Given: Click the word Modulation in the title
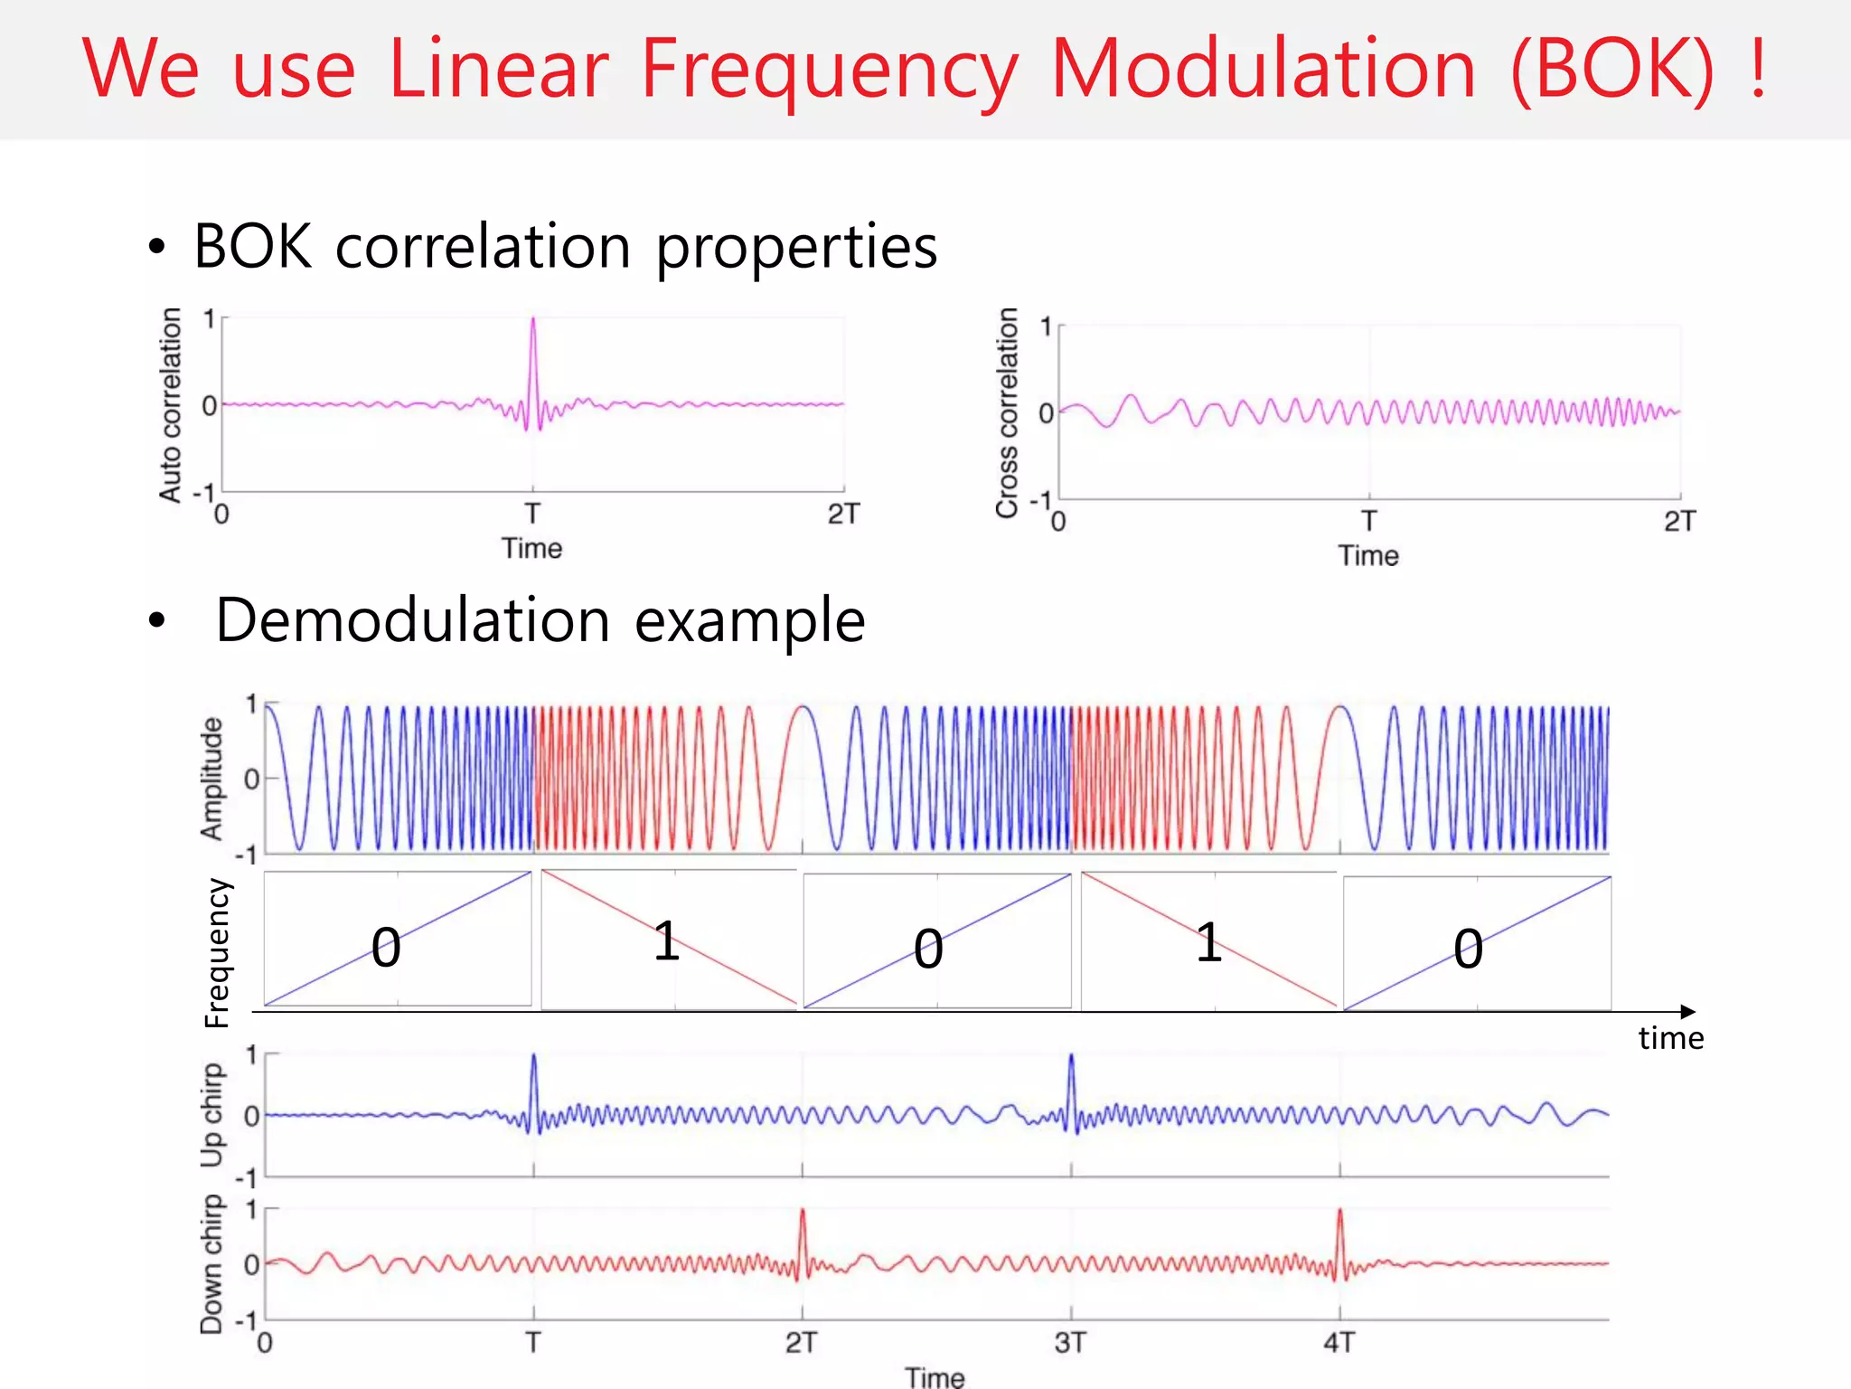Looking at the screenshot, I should point(1264,70).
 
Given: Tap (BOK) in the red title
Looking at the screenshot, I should point(1611,70).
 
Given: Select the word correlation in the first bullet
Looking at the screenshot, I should point(483,246).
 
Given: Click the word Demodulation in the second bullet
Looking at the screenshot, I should point(412,621).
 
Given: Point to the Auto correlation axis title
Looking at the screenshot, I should point(170,404).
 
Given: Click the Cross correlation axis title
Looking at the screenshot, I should point(1007,412).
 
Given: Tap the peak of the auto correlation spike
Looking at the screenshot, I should point(532,319).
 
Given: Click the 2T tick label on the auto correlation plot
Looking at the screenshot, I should point(842,515).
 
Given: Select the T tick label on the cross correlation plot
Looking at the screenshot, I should point(1368,522).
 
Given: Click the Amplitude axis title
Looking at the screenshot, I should point(211,779).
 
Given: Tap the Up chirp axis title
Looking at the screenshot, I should point(211,1115).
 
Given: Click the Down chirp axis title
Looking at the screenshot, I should point(211,1263).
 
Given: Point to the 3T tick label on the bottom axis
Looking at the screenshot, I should point(1070,1343).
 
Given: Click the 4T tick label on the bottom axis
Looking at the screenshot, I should point(1339,1343).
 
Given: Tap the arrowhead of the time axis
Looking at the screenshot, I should point(1687,1012).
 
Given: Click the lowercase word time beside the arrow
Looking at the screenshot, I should point(1670,1038).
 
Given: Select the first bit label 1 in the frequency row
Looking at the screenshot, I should point(666,941).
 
